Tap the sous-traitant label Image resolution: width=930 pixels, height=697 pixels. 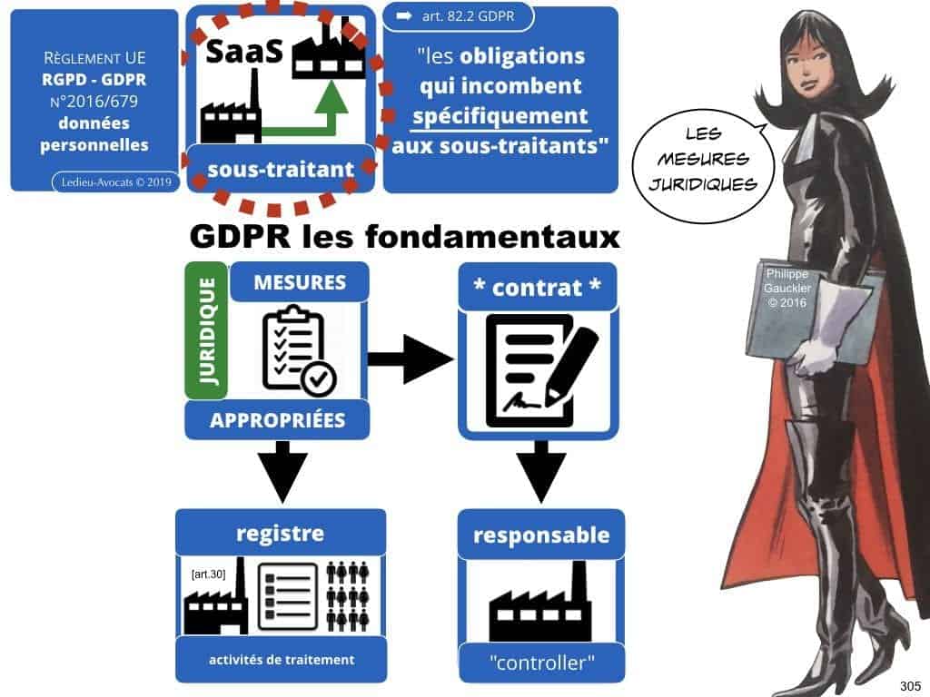pos(279,168)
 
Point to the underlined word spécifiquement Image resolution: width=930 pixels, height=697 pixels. pos(501,116)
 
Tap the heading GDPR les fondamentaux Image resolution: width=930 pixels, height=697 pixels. pos(404,238)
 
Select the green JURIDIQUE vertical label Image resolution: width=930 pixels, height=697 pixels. pos(206,331)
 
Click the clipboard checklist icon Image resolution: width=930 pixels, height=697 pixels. pos(299,353)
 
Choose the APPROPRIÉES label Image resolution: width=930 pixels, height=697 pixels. pos(277,420)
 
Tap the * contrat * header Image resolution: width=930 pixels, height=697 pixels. pos(537,288)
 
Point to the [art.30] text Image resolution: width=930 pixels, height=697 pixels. pos(210,574)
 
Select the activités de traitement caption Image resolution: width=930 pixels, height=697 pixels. pos(282,660)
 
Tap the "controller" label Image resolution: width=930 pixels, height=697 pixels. pos(541,663)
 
